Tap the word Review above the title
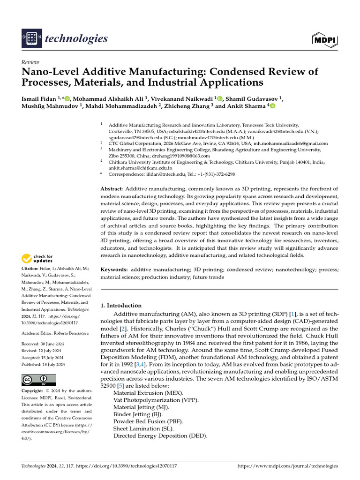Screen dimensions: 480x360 pyautogui.click(x=30, y=62)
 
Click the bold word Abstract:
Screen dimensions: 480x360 pyautogui.click(x=112, y=188)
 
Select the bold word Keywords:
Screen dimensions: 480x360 pyautogui.click(x=114, y=270)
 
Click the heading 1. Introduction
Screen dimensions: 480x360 pyautogui.click(x=121, y=305)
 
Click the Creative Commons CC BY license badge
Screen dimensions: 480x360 pyautogui.click(x=39, y=380)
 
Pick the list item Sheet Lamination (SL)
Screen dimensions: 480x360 pyautogui.click(x=143, y=428)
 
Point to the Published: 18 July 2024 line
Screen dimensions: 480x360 pyautogui.click(x=43, y=364)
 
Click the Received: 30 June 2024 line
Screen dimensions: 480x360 pyautogui.click(x=43, y=343)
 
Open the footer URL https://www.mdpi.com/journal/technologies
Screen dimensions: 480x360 pyautogui.click(x=287, y=466)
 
